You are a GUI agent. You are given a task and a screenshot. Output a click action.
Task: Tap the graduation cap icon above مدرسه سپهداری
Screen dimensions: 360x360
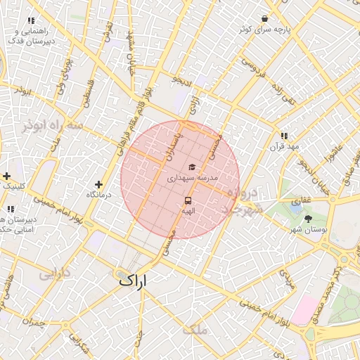[191, 167]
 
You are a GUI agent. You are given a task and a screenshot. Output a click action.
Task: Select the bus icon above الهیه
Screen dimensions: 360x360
[188, 200]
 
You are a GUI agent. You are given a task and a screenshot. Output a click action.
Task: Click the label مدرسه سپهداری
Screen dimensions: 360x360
[191, 179]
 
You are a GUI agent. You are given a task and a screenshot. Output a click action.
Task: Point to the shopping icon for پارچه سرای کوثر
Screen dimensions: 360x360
[264, 19]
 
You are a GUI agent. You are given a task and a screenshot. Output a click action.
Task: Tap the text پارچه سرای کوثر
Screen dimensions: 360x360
[263, 30]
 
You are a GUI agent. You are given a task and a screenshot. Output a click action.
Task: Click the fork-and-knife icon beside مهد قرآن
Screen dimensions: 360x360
[284, 135]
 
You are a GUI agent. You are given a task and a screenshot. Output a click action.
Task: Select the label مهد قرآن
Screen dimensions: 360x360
[284, 146]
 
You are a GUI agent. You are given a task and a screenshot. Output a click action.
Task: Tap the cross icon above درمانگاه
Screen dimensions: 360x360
[98, 184]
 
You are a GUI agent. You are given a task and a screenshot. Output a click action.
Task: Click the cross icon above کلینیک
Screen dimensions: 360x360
[7, 176]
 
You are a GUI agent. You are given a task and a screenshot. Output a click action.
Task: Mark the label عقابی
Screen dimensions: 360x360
[301, 200]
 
